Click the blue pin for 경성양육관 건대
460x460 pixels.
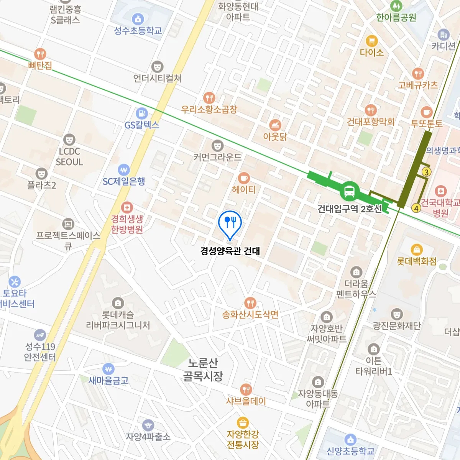coord(230,223)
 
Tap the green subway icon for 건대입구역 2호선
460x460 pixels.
coord(349,191)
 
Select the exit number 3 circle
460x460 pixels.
coord(426,172)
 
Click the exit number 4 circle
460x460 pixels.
coord(416,209)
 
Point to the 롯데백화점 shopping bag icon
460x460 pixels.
coord(416,250)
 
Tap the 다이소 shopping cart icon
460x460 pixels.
coord(371,41)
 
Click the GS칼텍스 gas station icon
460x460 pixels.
coord(142,113)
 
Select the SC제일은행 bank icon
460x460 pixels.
coord(123,169)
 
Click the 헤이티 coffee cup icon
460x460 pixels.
coord(244,178)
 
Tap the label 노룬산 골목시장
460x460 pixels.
coord(203,370)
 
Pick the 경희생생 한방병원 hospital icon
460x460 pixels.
coord(127,207)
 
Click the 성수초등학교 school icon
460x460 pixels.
coord(138,19)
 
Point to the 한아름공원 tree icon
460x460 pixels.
coord(396,6)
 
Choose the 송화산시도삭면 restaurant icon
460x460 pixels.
coord(250,303)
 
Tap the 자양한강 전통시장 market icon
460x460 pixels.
coord(242,422)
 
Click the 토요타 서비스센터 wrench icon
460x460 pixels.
coord(14,282)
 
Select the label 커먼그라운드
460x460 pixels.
coord(217,157)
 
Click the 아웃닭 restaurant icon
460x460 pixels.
coord(275,125)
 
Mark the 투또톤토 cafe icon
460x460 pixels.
coord(426,112)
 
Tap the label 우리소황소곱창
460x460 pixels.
coord(209,109)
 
